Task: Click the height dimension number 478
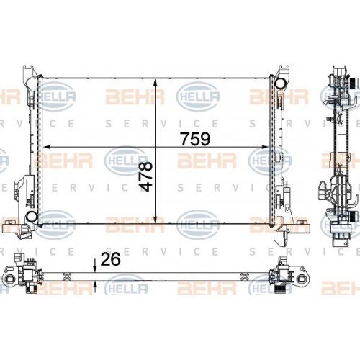click(146, 176)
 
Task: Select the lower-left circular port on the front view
click(32, 216)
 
